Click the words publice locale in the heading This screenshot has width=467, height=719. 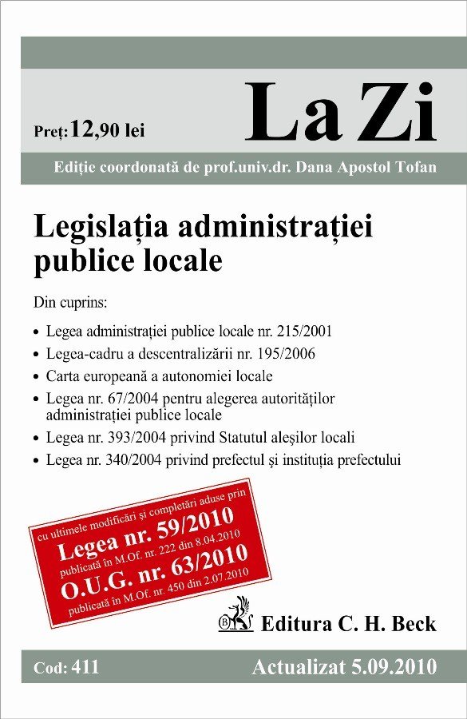pyautogui.click(x=128, y=261)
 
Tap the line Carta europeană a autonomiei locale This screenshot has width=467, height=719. pyautogui.click(x=160, y=375)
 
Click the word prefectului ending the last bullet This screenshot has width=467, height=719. pyautogui.click(x=362, y=459)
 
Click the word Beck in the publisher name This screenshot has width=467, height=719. pyautogui.click(x=413, y=623)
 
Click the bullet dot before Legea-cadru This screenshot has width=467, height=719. pyautogui.click(x=37, y=354)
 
